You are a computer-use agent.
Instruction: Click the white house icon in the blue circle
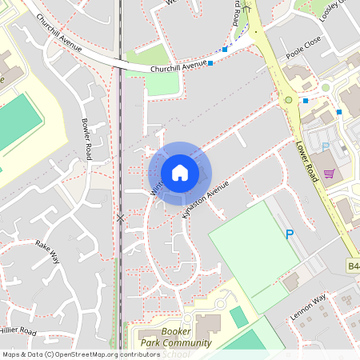(180, 172)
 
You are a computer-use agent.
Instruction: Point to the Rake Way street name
(48, 250)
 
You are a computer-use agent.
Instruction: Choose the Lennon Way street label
(309, 307)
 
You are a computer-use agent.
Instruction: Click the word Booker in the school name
(175, 331)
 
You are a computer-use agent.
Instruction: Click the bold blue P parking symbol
(290, 234)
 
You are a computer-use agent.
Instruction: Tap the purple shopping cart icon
(329, 173)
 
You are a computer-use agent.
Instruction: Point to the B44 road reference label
(353, 266)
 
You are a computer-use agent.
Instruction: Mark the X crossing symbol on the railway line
(121, 218)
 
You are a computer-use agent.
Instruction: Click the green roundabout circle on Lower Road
(288, 101)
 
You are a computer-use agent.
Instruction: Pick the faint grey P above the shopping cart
(325, 146)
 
